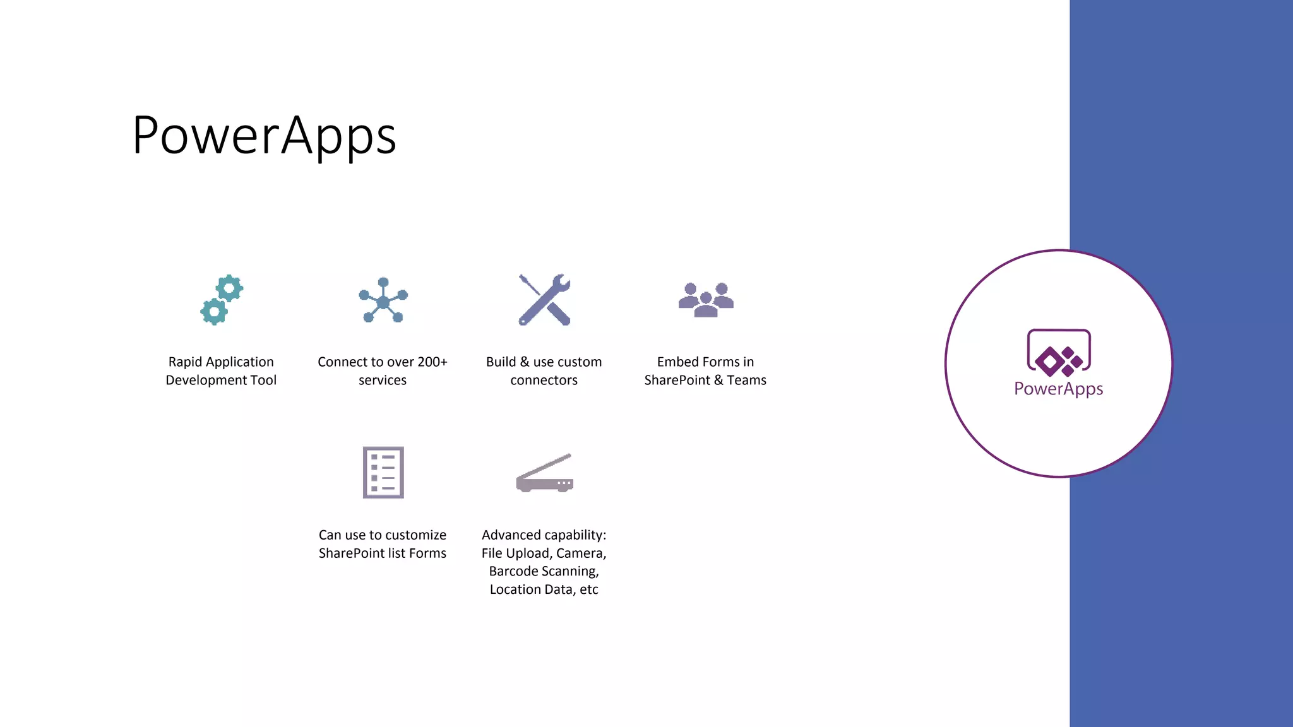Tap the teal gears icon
(222, 300)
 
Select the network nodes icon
(383, 300)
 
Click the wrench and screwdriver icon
(544, 300)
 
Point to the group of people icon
(706, 299)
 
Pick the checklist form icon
(383, 472)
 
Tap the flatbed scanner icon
(544, 473)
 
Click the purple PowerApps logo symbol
(1059, 353)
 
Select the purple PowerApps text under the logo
(1058, 389)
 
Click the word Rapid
(185, 362)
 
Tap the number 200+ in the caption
(432, 362)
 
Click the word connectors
(544, 381)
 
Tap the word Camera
(581, 553)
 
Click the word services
(382, 381)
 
